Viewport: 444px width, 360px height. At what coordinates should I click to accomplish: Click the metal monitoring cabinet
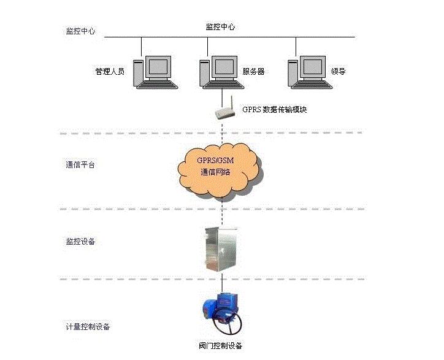pyautogui.click(x=221, y=248)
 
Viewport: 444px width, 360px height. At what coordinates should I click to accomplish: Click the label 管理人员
pyautogui.click(x=110, y=72)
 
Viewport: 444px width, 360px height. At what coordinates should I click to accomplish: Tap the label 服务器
pyautogui.click(x=253, y=72)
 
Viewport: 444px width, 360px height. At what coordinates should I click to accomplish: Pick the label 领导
pyautogui.click(x=339, y=72)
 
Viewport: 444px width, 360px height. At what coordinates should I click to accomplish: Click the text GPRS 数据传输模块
pyautogui.click(x=274, y=110)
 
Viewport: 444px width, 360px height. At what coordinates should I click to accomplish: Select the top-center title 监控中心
pyautogui.click(x=220, y=27)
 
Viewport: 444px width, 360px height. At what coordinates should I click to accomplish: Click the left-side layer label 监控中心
pyautogui.click(x=80, y=31)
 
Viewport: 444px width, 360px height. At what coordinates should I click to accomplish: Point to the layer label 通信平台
pyautogui.click(x=80, y=165)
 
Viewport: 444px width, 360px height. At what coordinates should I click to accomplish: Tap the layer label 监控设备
pyautogui.click(x=80, y=241)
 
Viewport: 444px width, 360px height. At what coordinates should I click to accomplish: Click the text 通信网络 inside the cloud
pyautogui.click(x=215, y=172)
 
